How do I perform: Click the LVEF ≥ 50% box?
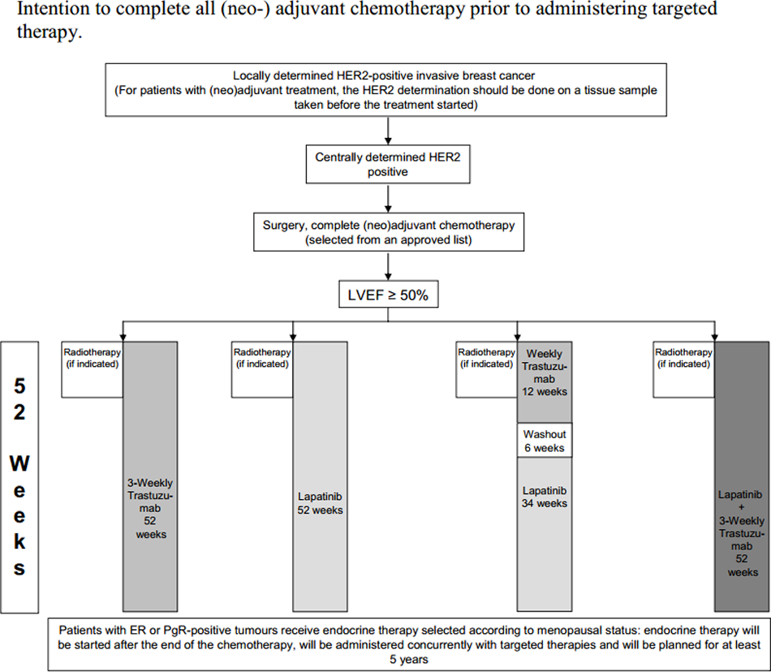(x=389, y=295)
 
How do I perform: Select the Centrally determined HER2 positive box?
(x=388, y=164)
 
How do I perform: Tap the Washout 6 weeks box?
(x=545, y=441)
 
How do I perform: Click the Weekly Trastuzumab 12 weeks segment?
(x=545, y=382)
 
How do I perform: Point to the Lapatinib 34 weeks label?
(x=545, y=497)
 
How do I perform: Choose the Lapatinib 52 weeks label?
(x=320, y=503)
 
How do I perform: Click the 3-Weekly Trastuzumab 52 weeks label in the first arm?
(x=150, y=509)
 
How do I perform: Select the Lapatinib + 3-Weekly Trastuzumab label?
(x=742, y=533)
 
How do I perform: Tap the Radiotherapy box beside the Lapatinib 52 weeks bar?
(x=262, y=369)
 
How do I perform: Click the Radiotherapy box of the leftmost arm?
(x=92, y=369)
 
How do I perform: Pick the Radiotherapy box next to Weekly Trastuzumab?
(x=486, y=369)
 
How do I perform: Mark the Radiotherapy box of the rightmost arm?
(x=684, y=369)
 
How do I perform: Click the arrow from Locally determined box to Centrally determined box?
(x=388, y=131)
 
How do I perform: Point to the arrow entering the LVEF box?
(x=388, y=266)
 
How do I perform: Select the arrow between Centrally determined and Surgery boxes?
(x=388, y=198)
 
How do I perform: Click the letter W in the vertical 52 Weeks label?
(x=19, y=463)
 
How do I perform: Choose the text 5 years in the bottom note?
(x=409, y=660)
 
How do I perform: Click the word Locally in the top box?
(x=252, y=75)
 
